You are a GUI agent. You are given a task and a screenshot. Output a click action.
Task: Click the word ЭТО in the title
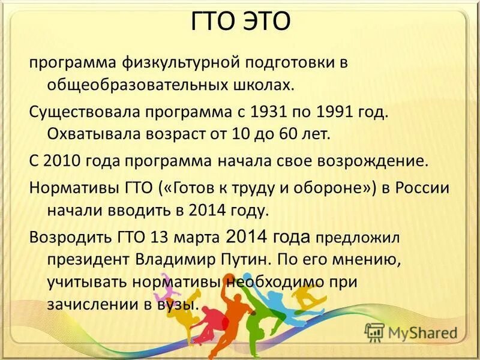pos(266,22)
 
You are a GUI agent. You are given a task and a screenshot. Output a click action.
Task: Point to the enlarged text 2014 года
pos(268,236)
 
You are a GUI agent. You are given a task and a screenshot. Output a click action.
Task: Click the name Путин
pos(245,260)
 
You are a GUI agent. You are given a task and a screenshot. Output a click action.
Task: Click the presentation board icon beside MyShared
pos(374,332)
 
